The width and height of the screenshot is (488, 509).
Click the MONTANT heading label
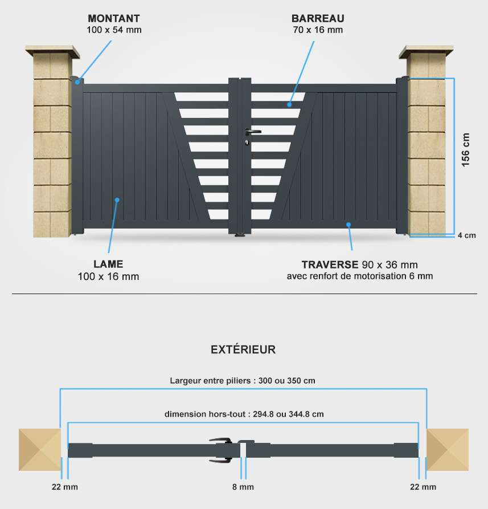point(114,18)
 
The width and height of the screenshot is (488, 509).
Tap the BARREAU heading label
point(318,18)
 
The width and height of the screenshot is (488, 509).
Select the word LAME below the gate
point(108,264)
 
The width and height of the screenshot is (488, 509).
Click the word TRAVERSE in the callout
point(330,265)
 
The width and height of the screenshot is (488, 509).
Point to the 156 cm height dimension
point(465,150)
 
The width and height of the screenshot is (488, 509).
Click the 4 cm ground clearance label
point(467,235)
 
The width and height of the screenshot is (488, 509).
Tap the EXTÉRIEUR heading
point(243,349)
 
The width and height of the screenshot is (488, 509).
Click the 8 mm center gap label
point(243,487)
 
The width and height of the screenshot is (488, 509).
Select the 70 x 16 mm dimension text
point(318,30)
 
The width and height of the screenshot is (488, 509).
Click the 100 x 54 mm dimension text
point(114,30)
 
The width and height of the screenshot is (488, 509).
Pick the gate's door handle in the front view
point(253,132)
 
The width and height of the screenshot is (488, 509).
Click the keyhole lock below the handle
point(247,142)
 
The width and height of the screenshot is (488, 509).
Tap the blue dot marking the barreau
point(289,104)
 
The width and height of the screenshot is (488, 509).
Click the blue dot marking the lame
point(117,200)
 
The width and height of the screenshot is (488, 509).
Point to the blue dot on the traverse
point(348,225)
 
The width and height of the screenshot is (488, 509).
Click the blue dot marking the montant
point(78,82)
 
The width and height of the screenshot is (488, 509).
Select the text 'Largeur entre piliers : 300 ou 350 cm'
point(243,380)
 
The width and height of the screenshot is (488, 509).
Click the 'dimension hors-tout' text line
point(244,414)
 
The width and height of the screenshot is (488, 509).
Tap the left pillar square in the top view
point(40,450)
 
